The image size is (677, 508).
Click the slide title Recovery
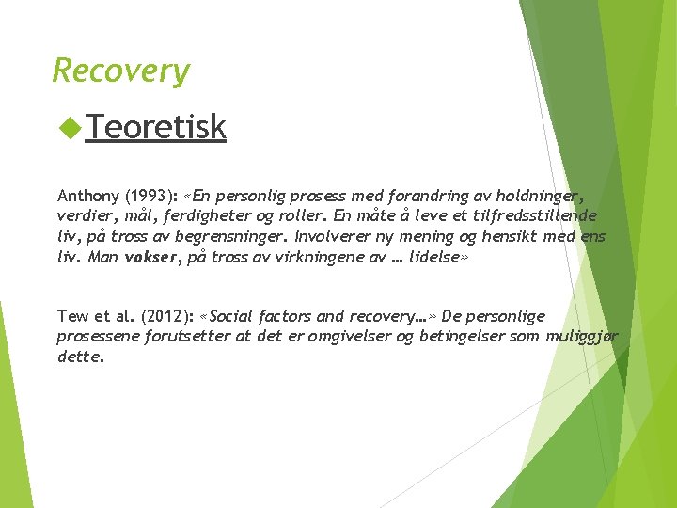pos(120,71)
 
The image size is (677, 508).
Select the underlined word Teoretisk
pos(156,126)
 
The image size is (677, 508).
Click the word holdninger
pos(540,197)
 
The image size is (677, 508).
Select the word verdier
pos(83,216)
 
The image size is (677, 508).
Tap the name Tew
pos(71,316)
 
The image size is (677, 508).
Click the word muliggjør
pos(578,337)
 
